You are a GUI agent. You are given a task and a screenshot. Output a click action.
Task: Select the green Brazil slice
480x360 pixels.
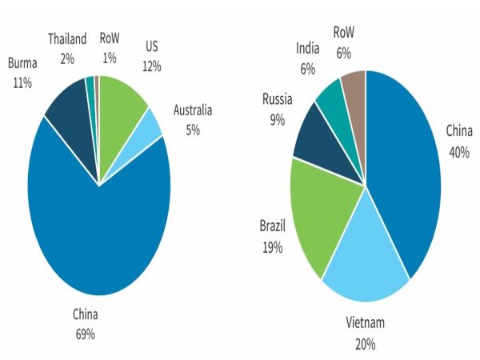click(x=316, y=212)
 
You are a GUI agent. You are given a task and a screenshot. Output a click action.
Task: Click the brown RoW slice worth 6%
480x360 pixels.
click(x=354, y=83)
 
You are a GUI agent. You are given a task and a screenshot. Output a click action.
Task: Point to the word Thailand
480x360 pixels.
click(x=67, y=38)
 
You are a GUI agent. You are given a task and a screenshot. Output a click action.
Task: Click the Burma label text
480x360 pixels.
click(x=22, y=62)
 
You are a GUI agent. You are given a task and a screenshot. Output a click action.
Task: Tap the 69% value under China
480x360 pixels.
click(x=85, y=333)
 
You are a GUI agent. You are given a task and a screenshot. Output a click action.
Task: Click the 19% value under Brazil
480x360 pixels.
click(x=271, y=248)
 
